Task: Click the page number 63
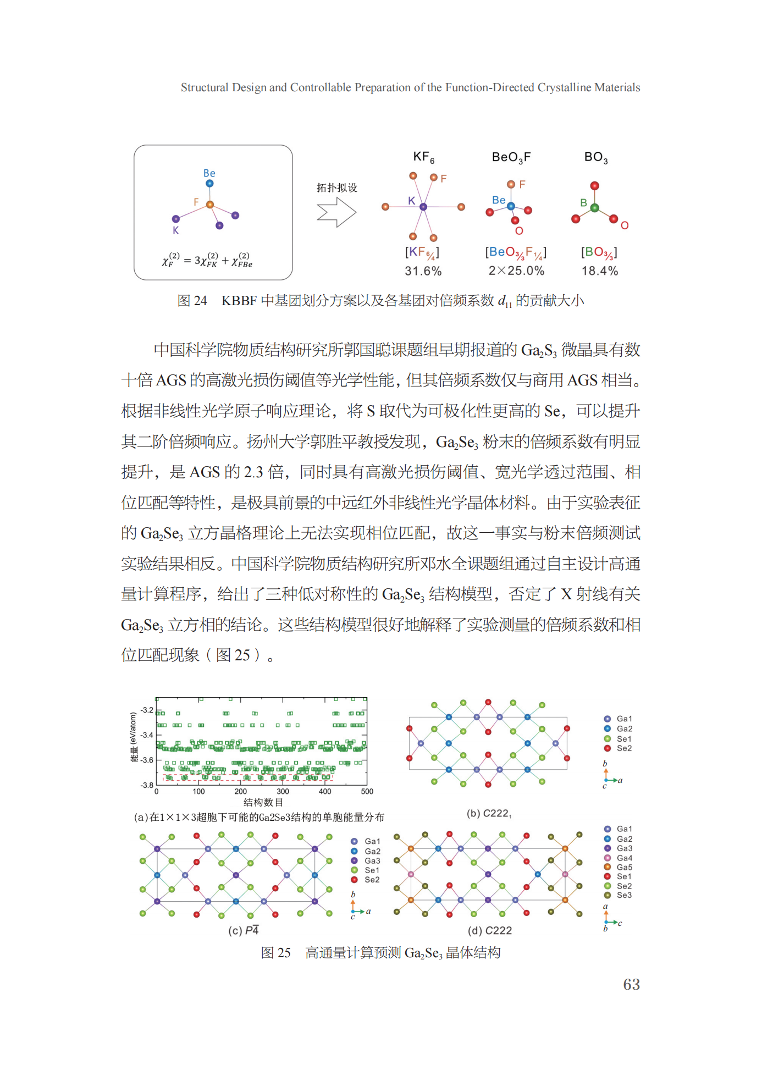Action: point(631,984)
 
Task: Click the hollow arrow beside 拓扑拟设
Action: point(336,212)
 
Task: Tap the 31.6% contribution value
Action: point(423,271)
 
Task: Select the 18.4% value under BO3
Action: point(599,271)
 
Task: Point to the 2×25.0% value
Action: point(516,271)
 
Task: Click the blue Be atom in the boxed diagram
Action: point(209,184)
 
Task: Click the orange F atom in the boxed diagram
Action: point(209,205)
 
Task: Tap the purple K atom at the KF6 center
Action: point(423,207)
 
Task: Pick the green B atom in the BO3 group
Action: point(594,208)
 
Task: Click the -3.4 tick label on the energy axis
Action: point(147,735)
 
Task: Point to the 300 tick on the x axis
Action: point(283,792)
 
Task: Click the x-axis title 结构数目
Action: point(263,803)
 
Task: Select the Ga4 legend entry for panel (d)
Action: point(624,858)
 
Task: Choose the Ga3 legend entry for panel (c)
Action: point(372,860)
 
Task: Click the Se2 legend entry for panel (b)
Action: point(623,748)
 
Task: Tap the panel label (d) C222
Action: point(489,930)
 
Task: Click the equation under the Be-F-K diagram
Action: point(207,260)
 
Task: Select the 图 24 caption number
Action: point(192,301)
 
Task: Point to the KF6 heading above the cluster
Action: point(423,157)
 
